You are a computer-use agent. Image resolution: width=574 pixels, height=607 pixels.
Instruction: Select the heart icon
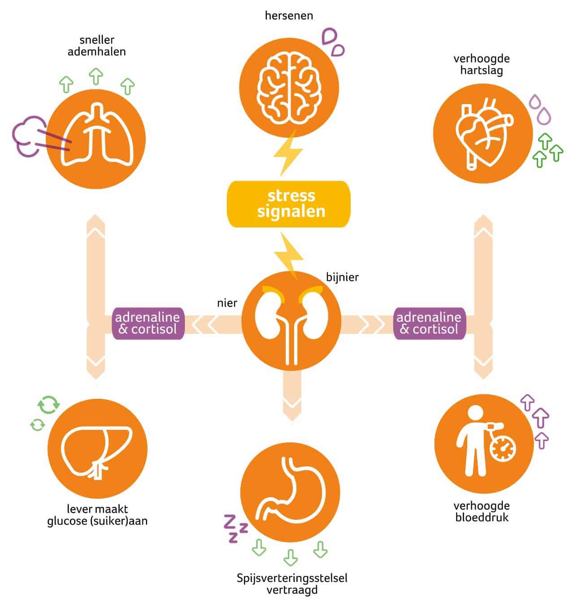tap(483, 133)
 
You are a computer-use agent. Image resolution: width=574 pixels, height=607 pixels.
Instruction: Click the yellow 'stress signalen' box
tap(289, 204)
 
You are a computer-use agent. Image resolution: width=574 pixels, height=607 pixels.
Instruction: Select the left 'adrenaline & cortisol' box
tap(148, 323)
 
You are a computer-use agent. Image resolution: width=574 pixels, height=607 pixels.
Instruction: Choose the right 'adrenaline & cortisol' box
tap(429, 323)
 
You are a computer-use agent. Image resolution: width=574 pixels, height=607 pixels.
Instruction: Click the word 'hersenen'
tap(289, 16)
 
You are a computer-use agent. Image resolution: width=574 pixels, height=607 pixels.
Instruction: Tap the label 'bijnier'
tap(342, 277)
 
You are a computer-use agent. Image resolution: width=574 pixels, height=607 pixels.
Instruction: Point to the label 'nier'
tap(227, 303)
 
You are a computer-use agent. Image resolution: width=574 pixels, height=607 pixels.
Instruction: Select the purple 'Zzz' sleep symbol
tap(235, 529)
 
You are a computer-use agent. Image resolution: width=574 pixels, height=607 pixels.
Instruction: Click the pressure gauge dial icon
tap(503, 449)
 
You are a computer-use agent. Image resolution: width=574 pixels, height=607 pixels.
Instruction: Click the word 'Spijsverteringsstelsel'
tap(292, 578)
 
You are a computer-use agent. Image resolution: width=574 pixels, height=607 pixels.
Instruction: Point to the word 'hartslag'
tap(482, 70)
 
